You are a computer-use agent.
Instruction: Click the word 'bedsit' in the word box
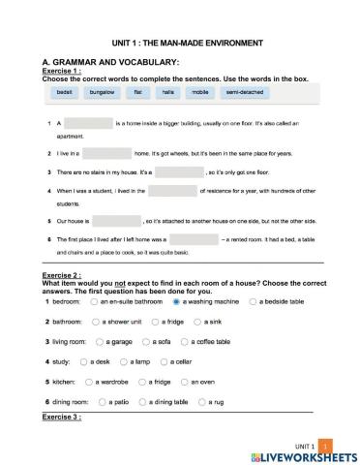click(65, 92)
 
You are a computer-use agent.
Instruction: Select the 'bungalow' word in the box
click(102, 92)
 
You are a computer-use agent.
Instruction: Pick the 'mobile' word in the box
click(200, 92)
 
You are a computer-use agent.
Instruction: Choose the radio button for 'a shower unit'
click(97, 322)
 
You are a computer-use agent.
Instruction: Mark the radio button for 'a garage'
click(100, 342)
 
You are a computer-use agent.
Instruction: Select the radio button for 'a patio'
click(101, 402)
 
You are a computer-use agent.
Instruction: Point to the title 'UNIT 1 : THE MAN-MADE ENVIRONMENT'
click(180, 44)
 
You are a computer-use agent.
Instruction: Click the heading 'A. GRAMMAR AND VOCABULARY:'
click(105, 62)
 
